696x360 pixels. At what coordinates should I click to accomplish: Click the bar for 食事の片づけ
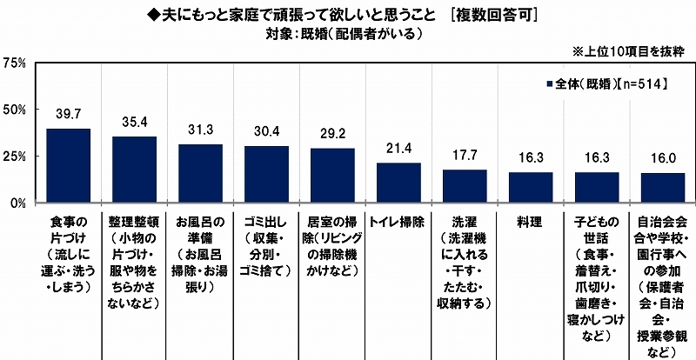click(68, 165)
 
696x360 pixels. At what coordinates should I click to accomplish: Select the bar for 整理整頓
click(134, 170)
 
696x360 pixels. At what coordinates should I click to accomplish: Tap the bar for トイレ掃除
click(398, 183)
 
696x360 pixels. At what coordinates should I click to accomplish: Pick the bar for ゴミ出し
click(266, 174)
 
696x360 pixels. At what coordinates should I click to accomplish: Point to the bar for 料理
click(531, 187)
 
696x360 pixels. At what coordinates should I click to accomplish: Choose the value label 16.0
click(663, 161)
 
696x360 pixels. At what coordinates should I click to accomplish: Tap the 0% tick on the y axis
click(17, 203)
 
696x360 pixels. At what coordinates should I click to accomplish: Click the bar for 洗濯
click(465, 186)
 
